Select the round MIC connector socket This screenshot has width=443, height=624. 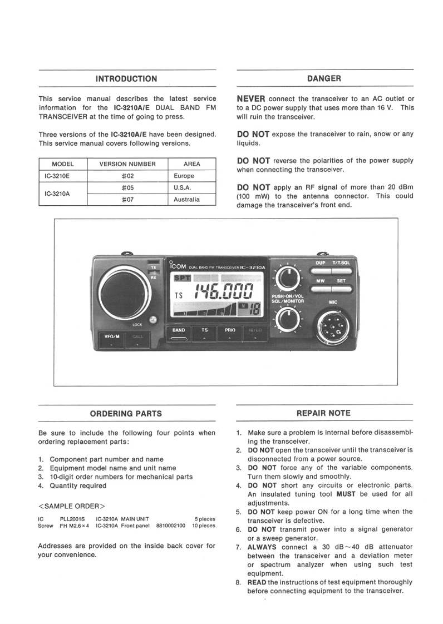333,326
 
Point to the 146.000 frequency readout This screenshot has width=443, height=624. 223,292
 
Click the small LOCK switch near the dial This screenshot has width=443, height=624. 153,320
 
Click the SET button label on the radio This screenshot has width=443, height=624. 341,281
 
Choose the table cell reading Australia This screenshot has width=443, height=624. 186,199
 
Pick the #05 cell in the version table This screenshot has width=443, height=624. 127,188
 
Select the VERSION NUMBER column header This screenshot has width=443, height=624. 127,164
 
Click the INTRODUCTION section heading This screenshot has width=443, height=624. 126,79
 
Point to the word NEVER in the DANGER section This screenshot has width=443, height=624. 251,98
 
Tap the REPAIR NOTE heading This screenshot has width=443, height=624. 323,413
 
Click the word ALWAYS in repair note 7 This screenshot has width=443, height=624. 262,547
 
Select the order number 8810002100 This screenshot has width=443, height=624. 171,525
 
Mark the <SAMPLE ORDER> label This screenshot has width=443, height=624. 72,506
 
